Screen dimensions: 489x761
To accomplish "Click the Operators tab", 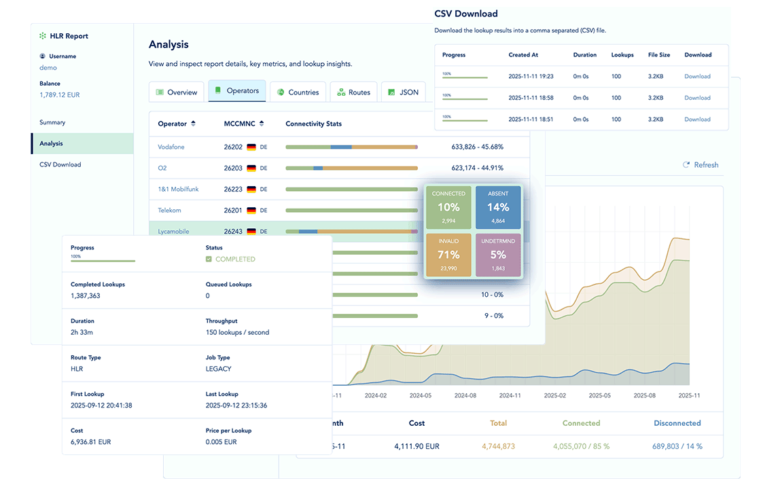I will coord(236,92).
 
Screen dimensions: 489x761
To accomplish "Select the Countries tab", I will coord(298,92).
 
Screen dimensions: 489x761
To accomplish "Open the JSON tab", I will coord(403,92).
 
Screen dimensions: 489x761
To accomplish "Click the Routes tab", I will coord(353,92).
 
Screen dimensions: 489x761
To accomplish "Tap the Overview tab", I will coord(176,92).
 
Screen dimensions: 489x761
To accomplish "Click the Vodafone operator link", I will coord(171,147).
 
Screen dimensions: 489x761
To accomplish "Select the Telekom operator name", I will coord(170,211).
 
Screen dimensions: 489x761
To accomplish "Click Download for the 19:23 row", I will coord(697,77).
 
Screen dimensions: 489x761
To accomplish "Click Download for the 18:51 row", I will coord(697,120).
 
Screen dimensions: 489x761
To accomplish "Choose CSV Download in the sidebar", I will coord(60,164).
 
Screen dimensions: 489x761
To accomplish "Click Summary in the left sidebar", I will coord(52,123).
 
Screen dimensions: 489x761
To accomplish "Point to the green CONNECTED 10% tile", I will coord(448,207).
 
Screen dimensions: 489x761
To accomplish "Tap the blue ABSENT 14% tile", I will coord(498,207).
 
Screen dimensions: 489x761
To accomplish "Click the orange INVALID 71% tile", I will coord(448,255).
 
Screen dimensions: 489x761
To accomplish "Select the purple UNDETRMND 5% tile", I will coord(498,255).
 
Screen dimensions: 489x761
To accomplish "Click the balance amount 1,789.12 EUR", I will coord(60,95).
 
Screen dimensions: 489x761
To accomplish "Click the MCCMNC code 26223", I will coord(233,189).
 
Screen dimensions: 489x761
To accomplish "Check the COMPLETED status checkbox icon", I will coord(209,259).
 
